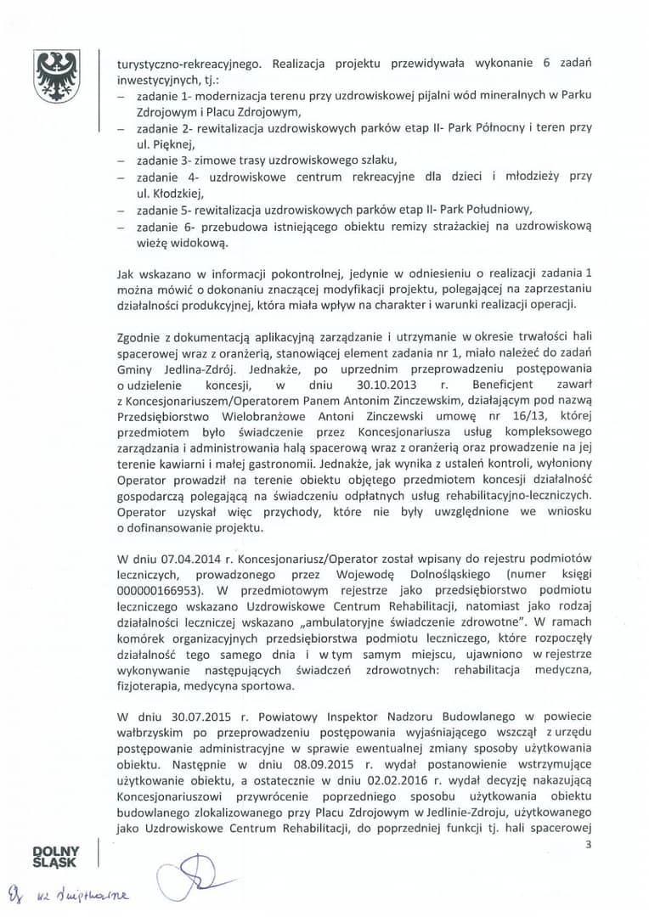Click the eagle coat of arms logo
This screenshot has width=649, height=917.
[57, 77]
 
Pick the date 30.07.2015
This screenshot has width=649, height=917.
[178, 708]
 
